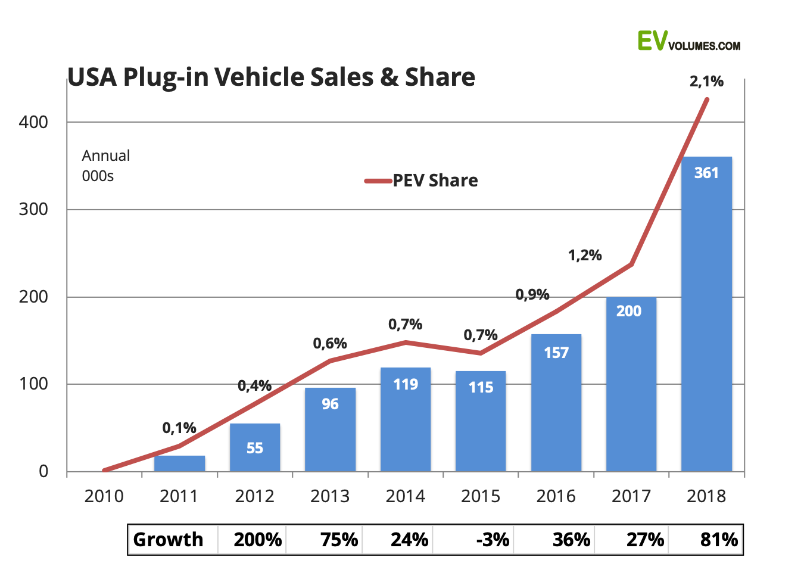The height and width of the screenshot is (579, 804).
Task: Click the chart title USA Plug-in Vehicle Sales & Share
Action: tap(271, 77)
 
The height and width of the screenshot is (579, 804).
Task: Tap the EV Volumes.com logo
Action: tap(689, 41)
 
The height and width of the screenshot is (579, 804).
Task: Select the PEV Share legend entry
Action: tap(421, 180)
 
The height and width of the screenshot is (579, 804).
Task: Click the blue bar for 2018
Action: tap(706, 314)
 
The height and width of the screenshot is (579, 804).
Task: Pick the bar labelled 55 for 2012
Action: tap(255, 447)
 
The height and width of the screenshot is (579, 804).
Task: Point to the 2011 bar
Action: tap(179, 463)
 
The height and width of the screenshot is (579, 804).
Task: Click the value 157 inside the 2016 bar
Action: tap(556, 353)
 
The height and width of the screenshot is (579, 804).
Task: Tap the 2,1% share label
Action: tap(706, 82)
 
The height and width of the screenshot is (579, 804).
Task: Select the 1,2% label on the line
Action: tap(585, 256)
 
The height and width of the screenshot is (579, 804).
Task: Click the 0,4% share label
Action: tap(254, 386)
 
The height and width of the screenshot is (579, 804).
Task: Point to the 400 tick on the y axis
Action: tap(33, 122)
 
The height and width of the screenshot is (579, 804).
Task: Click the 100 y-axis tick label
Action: tap(33, 384)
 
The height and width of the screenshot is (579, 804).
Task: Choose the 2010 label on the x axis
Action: tap(104, 496)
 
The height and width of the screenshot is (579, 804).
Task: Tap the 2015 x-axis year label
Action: tap(481, 496)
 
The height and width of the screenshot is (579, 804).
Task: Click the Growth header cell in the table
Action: tap(169, 540)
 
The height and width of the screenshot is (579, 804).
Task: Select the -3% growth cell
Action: tap(493, 540)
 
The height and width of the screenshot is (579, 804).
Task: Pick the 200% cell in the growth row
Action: tap(258, 540)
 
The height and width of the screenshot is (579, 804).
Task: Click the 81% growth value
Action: tap(719, 540)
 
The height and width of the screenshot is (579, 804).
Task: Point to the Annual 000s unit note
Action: tap(106, 166)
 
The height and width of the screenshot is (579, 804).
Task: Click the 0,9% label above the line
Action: tap(532, 295)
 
